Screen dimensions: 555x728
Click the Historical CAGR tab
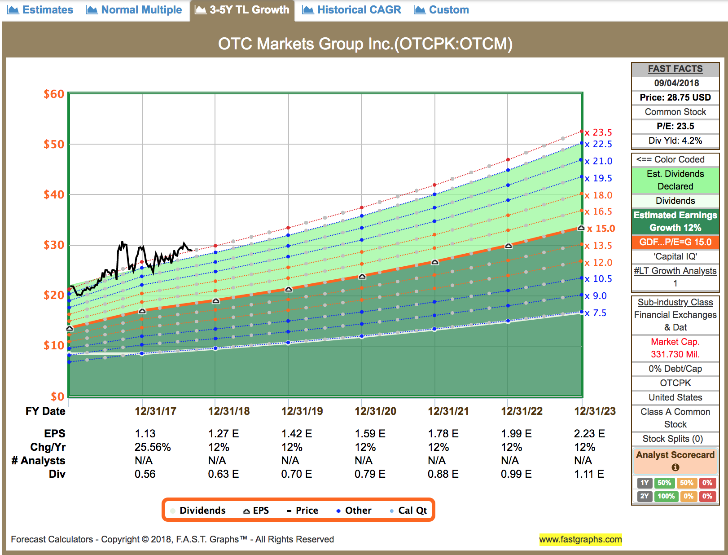pos(352,10)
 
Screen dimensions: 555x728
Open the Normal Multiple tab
pos(134,10)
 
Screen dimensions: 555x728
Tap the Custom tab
pos(442,10)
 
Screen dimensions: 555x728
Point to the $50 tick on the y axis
pos(54,144)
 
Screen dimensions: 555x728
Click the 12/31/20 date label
pos(375,411)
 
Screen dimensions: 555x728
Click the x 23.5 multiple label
pos(599,132)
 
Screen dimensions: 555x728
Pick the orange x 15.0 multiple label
pos(601,229)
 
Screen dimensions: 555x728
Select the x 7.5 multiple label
pos(596,313)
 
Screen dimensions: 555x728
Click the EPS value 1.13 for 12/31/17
pos(145,434)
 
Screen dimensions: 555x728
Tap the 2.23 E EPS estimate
pos(589,434)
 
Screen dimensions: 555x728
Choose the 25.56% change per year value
pos(153,447)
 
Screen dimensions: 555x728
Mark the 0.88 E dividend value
pos(443,474)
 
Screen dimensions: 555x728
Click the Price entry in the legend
pos(303,511)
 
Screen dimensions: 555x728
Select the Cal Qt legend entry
pos(408,511)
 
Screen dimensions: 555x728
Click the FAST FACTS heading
pos(675,69)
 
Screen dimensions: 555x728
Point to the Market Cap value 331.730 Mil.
pos(675,354)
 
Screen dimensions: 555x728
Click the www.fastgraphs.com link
pos(580,539)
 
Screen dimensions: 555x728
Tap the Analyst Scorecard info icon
pos(675,467)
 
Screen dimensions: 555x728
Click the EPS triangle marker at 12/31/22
pos(509,246)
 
